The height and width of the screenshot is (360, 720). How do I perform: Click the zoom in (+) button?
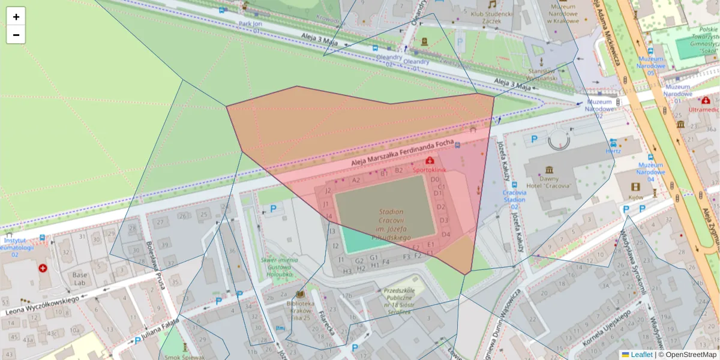(x=16, y=16)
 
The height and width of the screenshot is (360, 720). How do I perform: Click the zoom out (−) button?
(x=16, y=35)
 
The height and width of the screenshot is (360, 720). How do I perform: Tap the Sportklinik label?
(x=430, y=170)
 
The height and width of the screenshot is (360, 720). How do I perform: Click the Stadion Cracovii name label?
(x=391, y=225)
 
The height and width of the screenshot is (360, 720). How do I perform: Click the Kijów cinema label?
(x=636, y=197)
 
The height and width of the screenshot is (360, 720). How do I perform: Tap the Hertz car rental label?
(x=613, y=151)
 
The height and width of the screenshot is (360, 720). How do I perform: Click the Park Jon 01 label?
(x=250, y=27)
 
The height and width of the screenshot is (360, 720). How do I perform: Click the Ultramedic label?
(x=703, y=110)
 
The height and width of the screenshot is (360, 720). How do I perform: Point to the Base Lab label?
(x=80, y=278)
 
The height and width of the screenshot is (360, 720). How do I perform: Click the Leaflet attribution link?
(x=641, y=355)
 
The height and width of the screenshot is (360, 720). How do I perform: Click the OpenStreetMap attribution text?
(x=691, y=355)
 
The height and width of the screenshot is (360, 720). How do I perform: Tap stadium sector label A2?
(x=356, y=180)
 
